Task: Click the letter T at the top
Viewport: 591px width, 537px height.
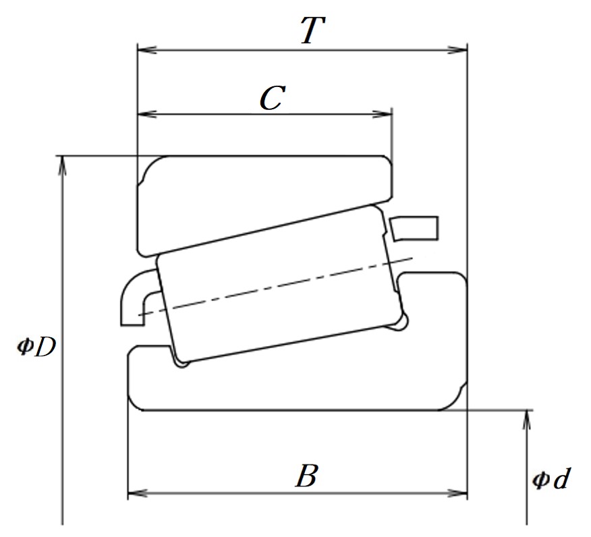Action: pyautogui.click(x=312, y=30)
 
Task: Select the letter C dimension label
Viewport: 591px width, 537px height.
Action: pyautogui.click(x=272, y=98)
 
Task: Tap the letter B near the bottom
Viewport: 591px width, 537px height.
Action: pyautogui.click(x=307, y=476)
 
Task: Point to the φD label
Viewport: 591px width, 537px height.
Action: pyautogui.click(x=36, y=347)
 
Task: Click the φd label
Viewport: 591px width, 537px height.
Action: pyautogui.click(x=551, y=478)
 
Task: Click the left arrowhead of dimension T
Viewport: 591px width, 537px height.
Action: pyautogui.click(x=147, y=50)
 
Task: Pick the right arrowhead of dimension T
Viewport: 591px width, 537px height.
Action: pyautogui.click(x=457, y=50)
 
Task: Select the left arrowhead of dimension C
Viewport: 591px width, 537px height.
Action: pyautogui.click(x=147, y=114)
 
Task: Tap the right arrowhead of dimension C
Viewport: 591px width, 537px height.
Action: pyautogui.click(x=382, y=114)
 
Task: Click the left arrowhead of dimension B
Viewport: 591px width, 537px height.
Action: pyautogui.click(x=138, y=493)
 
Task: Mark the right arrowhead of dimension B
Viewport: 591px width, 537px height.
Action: pyautogui.click(x=457, y=493)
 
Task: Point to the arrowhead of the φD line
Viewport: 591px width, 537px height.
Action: pyautogui.click(x=63, y=165)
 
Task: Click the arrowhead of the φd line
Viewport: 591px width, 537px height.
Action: pyautogui.click(x=528, y=420)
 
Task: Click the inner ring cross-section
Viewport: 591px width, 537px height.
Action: pyautogui.click(x=298, y=377)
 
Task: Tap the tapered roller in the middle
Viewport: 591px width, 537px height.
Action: pyautogui.click(x=281, y=283)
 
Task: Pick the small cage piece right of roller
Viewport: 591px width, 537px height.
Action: pyautogui.click(x=414, y=228)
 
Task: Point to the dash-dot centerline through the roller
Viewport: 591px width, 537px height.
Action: pyautogui.click(x=275, y=287)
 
